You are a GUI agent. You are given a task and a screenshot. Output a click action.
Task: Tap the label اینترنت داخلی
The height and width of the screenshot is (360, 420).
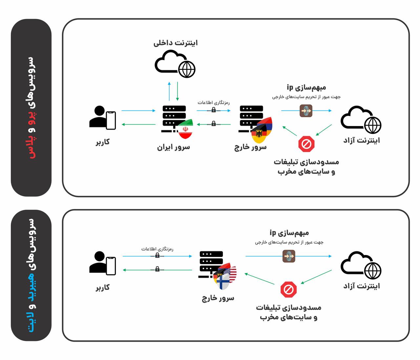coord(176,43)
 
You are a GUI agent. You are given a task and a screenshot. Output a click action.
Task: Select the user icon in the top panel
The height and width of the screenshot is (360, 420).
coord(102,117)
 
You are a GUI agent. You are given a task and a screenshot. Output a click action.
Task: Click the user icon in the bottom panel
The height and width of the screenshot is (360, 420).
coord(102,263)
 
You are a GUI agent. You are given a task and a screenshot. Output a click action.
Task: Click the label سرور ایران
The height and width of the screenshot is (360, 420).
coord(173,147)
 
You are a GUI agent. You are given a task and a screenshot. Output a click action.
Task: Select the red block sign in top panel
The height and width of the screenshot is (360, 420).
coord(306,144)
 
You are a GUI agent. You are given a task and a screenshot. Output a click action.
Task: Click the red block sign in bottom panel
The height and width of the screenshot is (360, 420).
coord(289,289)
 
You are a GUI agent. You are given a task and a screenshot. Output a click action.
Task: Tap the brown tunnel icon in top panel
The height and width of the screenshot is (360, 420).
coord(306,111)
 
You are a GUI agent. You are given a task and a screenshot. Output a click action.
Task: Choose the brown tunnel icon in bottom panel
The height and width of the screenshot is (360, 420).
coord(289,256)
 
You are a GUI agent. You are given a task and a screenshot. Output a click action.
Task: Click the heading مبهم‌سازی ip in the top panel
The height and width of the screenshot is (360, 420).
coord(306,87)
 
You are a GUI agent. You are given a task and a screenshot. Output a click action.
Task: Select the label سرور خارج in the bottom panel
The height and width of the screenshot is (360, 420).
coord(218,298)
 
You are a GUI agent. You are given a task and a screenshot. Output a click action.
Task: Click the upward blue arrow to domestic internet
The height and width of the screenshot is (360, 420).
coord(169,91)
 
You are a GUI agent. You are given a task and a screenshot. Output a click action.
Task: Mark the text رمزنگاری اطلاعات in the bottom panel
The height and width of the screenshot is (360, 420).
coord(157,249)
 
